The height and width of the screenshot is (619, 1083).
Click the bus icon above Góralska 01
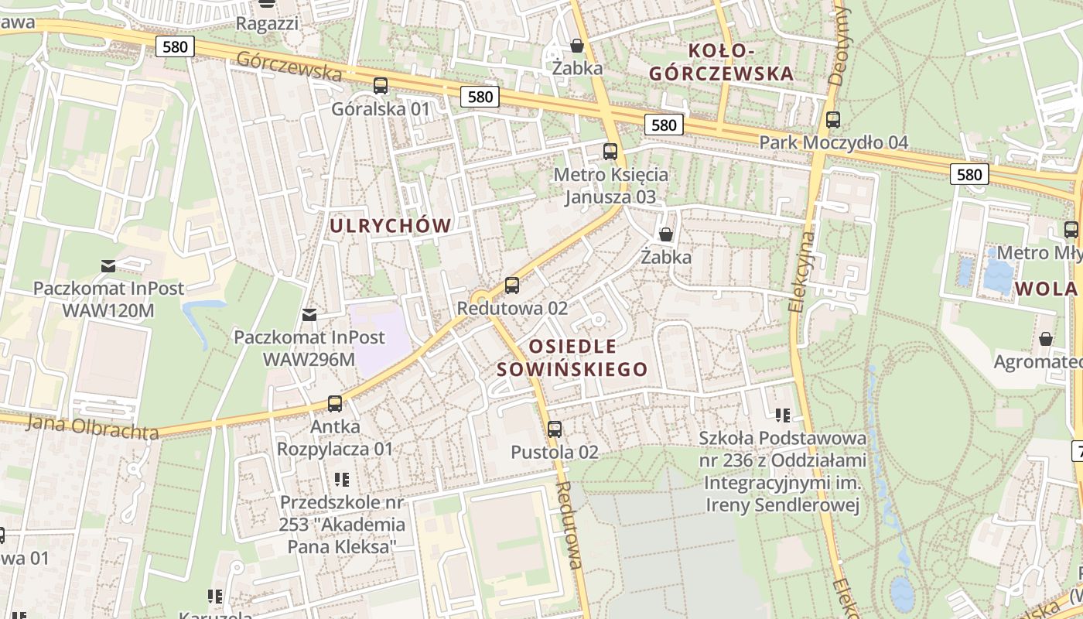pyautogui.click(x=380, y=86)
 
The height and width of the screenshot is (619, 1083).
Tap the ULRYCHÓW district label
pyautogui.click(x=391, y=226)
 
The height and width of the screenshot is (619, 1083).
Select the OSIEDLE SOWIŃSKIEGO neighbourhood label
pyautogui.click(x=572, y=357)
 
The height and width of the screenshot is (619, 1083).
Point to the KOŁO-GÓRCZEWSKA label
pyautogui.click(x=721, y=62)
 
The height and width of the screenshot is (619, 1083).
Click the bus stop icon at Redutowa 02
pyautogui.click(x=511, y=286)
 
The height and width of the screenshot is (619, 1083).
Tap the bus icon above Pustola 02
pyautogui.click(x=555, y=429)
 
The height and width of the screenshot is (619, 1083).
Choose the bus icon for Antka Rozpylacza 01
pyautogui.click(x=335, y=403)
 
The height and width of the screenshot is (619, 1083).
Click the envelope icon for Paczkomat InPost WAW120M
pyautogui.click(x=108, y=266)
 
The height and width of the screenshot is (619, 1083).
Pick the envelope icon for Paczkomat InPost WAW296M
pyautogui.click(x=309, y=315)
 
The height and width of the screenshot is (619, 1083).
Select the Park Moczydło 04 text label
pyautogui.click(x=833, y=143)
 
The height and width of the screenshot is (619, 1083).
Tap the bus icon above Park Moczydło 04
pyautogui.click(x=833, y=120)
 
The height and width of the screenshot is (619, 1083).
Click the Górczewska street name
pyautogui.click(x=289, y=66)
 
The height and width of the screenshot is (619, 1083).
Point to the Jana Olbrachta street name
pyautogui.click(x=92, y=426)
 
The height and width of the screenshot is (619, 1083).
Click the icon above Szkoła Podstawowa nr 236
pyautogui.click(x=783, y=416)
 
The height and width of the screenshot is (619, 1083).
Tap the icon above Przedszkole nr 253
pyautogui.click(x=342, y=480)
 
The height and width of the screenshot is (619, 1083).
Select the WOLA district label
pyautogui.click(x=1047, y=289)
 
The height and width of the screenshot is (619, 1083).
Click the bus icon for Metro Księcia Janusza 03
pyautogui.click(x=610, y=151)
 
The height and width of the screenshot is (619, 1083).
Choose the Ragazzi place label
pyautogui.click(x=267, y=23)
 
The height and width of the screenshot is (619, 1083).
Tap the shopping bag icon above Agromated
pyautogui.click(x=1046, y=339)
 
